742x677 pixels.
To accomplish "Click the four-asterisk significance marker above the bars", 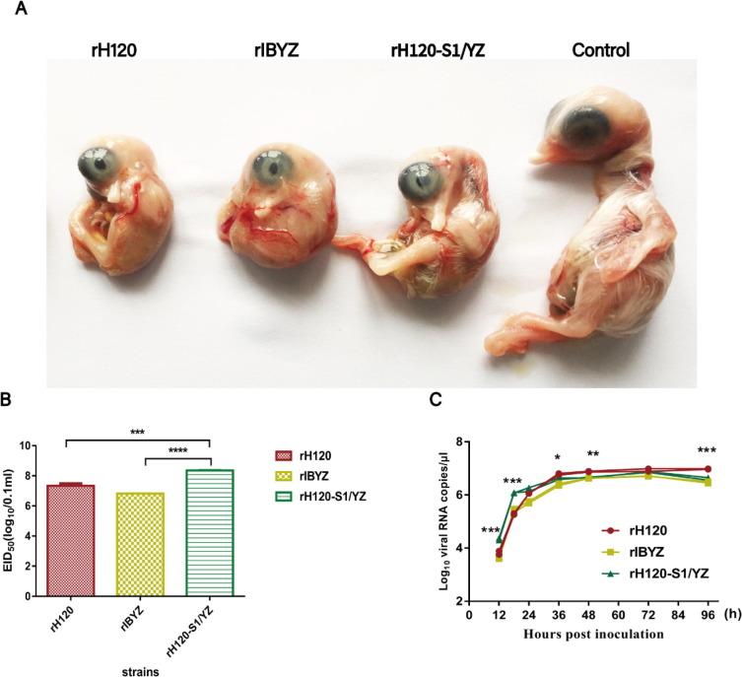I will [177, 424].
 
